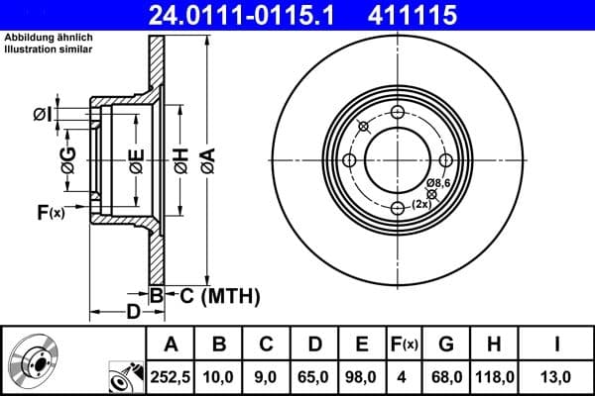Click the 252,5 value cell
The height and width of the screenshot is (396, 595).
click(x=172, y=375)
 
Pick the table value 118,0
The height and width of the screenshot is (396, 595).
click(x=492, y=375)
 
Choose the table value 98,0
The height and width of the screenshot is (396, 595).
click(x=361, y=375)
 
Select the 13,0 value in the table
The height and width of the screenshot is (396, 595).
click(x=554, y=375)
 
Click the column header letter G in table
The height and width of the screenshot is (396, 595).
click(x=445, y=345)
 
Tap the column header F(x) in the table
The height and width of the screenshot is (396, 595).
click(x=404, y=345)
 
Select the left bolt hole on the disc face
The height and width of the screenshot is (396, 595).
click(x=350, y=160)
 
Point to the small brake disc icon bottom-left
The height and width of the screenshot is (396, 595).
click(x=34, y=360)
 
